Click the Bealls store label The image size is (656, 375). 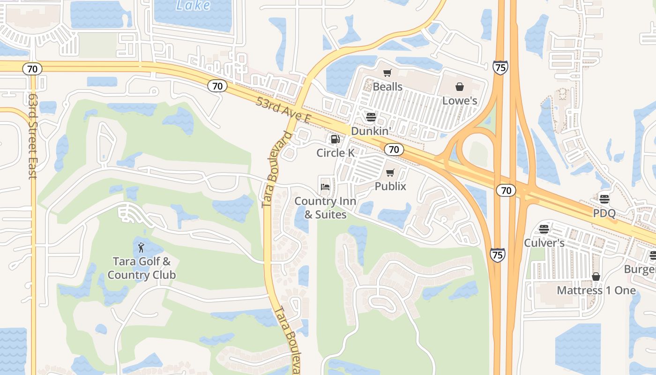pos(388,87)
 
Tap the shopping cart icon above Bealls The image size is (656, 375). pos(387,73)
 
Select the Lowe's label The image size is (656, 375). pos(460,101)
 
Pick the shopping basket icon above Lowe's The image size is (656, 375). pos(459,87)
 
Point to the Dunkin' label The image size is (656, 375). pos(371,131)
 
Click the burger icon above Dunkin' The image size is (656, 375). pos(371,117)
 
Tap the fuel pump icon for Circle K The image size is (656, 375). pos(335,139)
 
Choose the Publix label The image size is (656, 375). pos(390,187)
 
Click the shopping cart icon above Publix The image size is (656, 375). pos(390,173)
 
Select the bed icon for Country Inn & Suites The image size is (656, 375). pos(325,187)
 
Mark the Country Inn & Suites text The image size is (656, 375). pos(325,208)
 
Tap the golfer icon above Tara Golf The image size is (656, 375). pos(141,247)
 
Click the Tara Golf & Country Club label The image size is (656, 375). pos(142,268)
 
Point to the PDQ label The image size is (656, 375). pos(604,213)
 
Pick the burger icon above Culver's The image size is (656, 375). pos(544,229)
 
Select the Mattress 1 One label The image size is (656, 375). pos(596,291)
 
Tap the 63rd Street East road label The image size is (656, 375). pos(32,136)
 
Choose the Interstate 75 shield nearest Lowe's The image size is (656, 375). pos(500,68)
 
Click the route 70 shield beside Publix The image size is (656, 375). pos(394,150)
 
